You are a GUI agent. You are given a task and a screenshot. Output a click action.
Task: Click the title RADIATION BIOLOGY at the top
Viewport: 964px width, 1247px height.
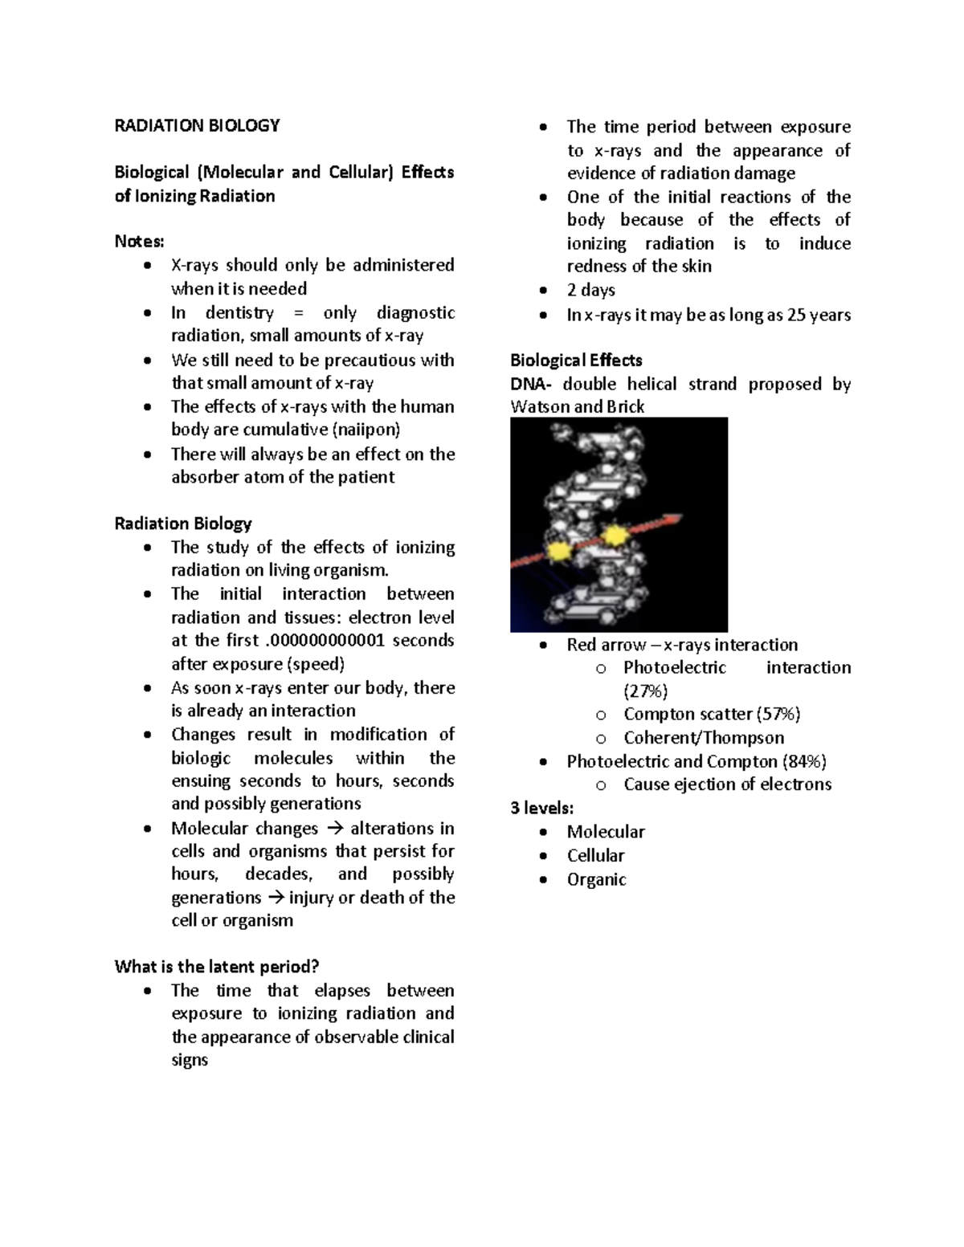pos(197,125)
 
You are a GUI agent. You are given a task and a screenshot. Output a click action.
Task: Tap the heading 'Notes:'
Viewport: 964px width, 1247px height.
pos(139,242)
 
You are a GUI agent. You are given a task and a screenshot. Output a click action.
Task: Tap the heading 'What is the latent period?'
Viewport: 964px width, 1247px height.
pos(217,967)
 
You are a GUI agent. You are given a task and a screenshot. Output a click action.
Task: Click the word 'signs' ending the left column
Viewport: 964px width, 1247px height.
pos(190,1060)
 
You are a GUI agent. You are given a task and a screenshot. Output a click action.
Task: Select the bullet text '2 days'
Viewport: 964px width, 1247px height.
pos(590,290)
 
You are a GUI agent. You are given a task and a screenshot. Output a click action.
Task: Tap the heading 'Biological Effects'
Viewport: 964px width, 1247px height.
pos(576,361)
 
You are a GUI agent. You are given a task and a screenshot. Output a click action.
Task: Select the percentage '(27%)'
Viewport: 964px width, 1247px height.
pos(645,691)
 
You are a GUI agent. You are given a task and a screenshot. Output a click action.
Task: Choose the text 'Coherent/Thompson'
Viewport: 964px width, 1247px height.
pos(703,738)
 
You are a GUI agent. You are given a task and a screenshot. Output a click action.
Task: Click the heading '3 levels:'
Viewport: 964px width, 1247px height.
pos(541,808)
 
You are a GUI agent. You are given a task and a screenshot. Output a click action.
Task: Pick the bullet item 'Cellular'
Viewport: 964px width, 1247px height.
pos(595,856)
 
